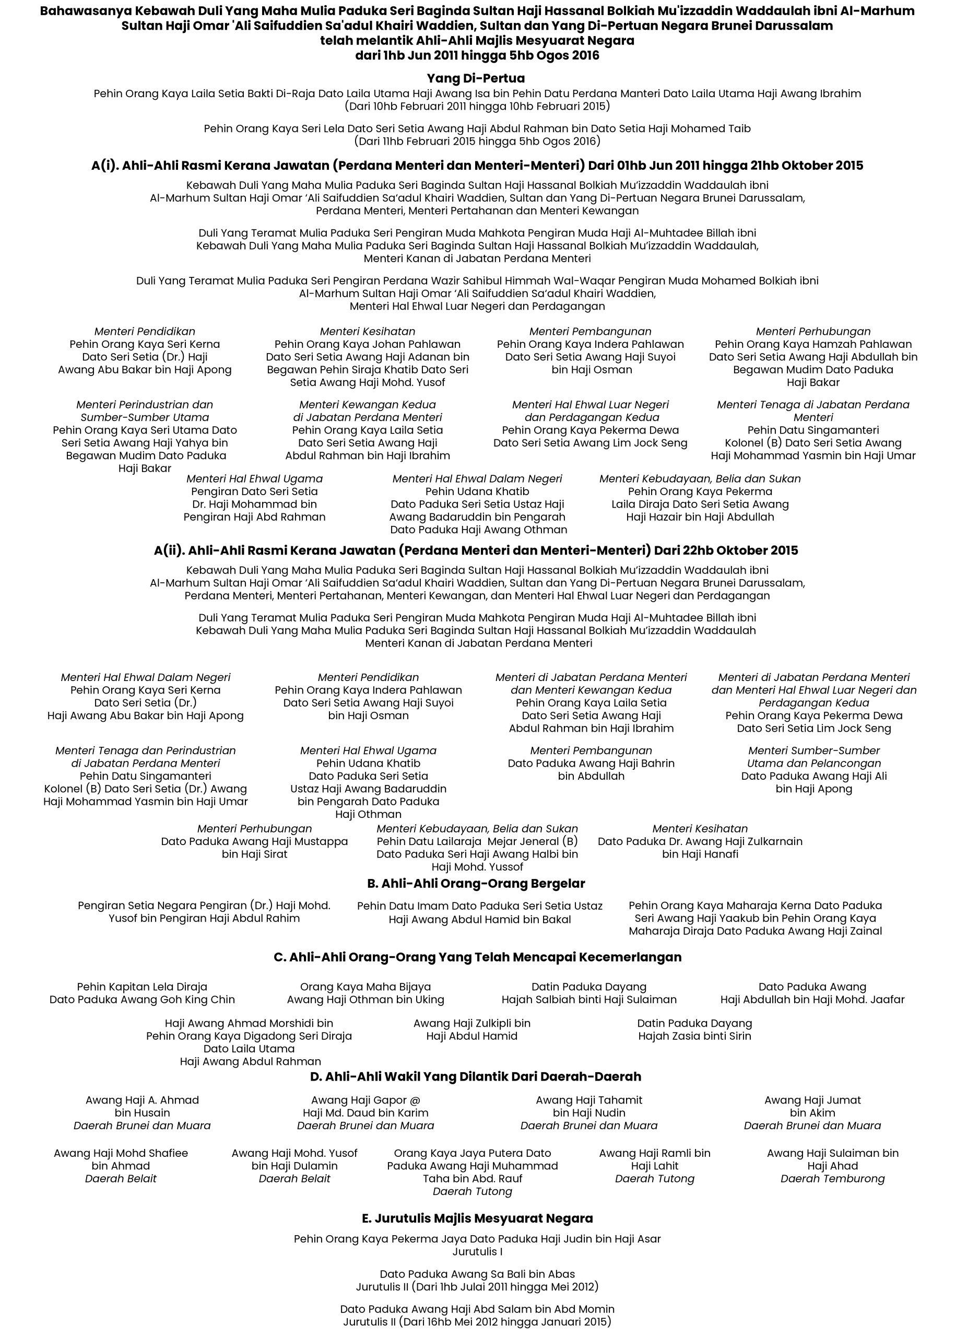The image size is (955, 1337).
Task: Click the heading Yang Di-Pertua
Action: click(x=476, y=78)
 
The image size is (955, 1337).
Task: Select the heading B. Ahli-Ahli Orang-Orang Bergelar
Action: click(x=476, y=884)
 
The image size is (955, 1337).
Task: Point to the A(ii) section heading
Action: click(x=476, y=550)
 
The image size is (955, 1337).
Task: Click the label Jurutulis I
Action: click(x=477, y=1252)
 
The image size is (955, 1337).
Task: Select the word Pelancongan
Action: click(x=847, y=764)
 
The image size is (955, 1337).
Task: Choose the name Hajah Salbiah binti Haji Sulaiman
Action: click(x=588, y=1000)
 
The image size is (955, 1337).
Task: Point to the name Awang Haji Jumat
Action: click(x=812, y=1100)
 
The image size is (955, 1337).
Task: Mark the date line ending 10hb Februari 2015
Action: click(x=477, y=107)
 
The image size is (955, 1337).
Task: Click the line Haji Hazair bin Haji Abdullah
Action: click(x=700, y=517)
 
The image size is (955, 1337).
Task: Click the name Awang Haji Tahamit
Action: click(x=588, y=1100)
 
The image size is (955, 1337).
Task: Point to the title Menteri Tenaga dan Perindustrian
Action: click(x=145, y=750)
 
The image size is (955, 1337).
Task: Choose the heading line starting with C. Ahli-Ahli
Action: click(x=477, y=957)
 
